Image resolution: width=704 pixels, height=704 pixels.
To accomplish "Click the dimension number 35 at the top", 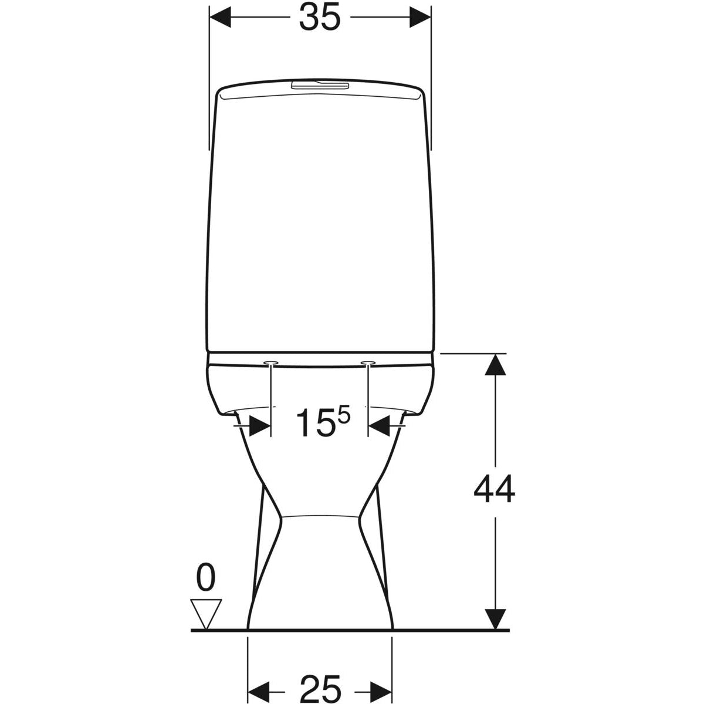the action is coord(320,17).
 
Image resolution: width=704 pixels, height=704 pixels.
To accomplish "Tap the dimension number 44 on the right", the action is coord(494,489).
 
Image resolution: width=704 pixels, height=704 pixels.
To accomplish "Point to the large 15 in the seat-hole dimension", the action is coord(316,422).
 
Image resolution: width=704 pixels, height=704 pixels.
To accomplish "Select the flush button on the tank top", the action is coord(320,86).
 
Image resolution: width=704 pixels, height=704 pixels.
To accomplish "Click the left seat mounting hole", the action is coord(270,363).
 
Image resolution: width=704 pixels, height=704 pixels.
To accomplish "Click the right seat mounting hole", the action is coord(368,363).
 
